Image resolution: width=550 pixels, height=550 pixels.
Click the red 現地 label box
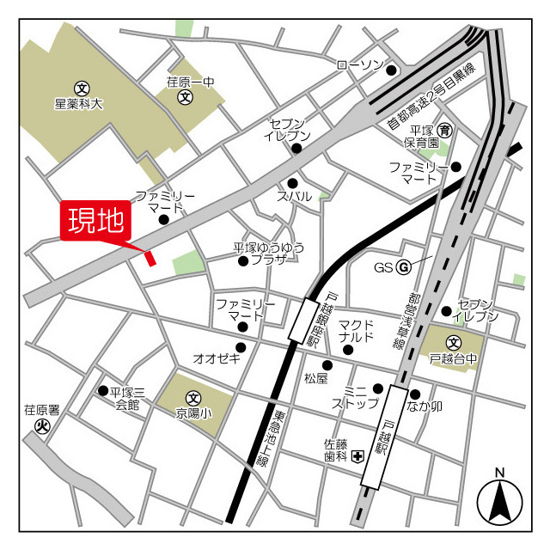95,223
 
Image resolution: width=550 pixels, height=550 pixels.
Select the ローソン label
358,64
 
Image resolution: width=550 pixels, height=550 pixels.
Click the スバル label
294,197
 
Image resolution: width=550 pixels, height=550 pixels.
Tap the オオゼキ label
217,358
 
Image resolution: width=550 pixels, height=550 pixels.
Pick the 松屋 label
316,378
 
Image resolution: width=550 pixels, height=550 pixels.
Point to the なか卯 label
425,406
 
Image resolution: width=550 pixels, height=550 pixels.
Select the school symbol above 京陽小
193,399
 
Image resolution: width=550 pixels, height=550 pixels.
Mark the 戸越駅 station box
385,436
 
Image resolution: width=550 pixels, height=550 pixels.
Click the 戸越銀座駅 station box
304,320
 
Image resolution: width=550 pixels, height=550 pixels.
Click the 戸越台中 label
454,358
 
